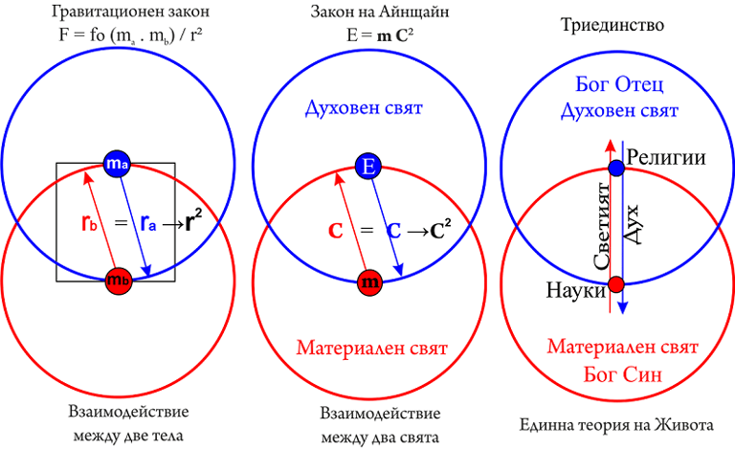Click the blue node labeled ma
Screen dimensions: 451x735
point(116,164)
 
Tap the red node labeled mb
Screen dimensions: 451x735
point(116,282)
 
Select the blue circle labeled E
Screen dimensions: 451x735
point(368,167)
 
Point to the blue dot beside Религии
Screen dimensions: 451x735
point(616,168)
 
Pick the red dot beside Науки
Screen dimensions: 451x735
point(616,283)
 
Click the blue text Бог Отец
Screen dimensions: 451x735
point(618,82)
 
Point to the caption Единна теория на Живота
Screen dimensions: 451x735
point(612,423)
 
